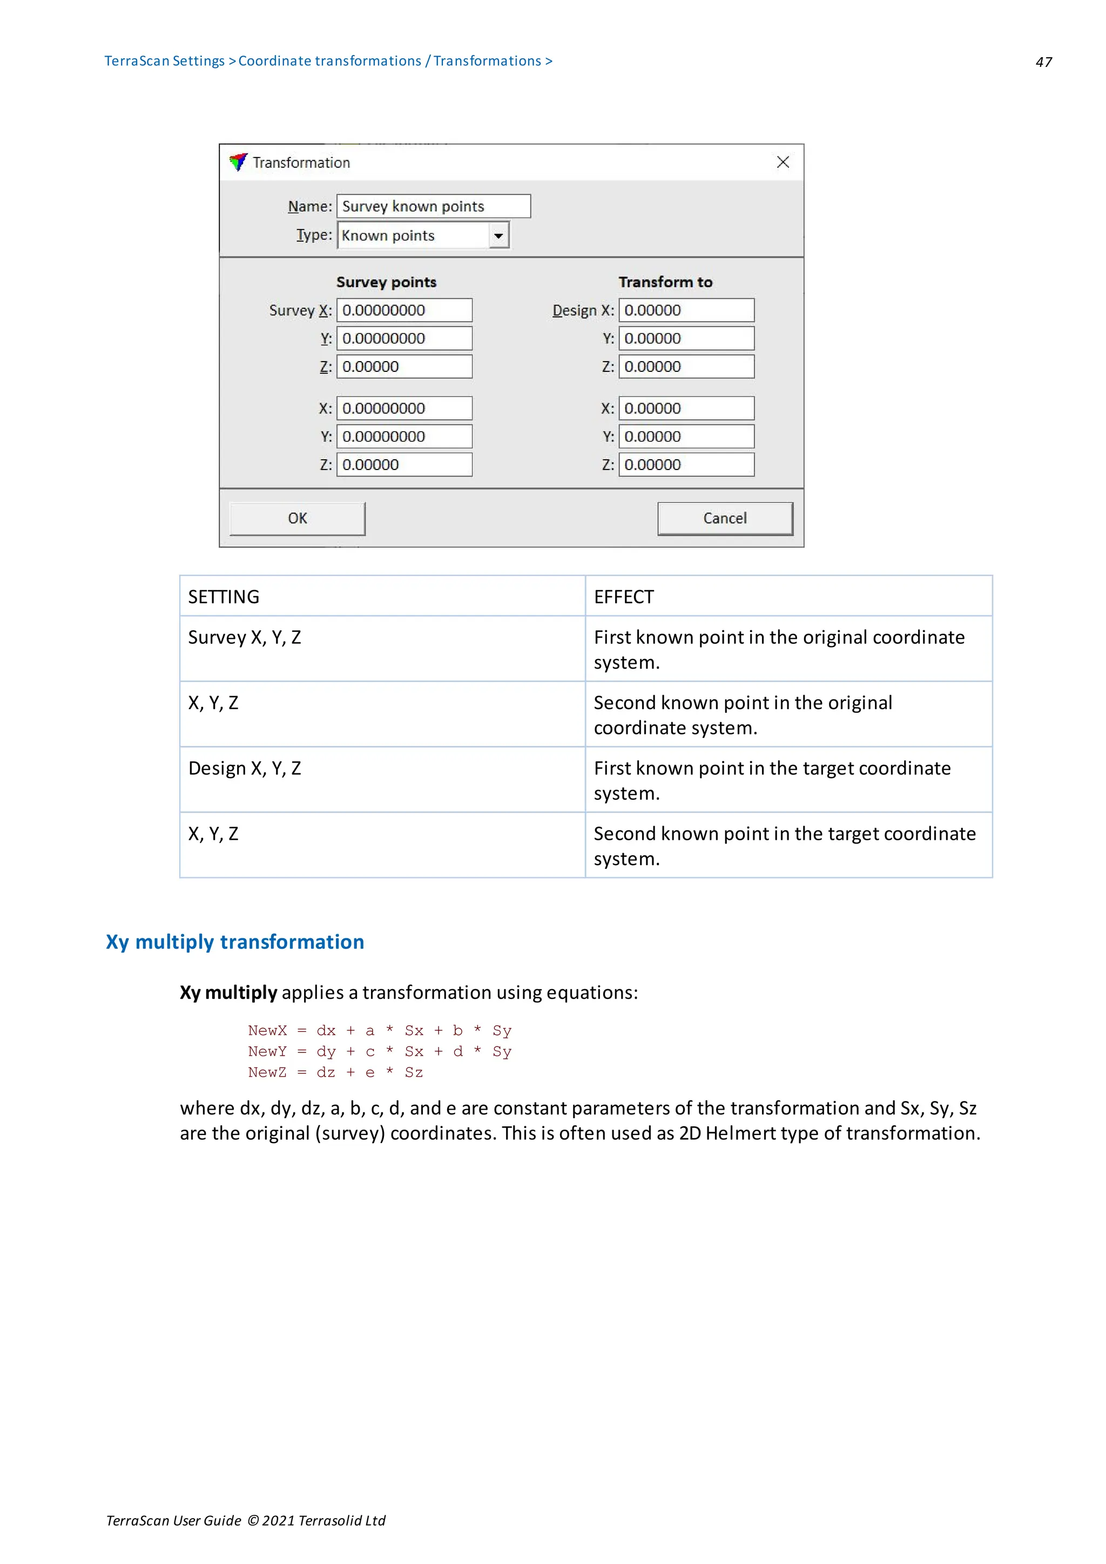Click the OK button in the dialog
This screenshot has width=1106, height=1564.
[x=297, y=519]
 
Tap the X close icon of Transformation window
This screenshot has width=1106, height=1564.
[x=783, y=162]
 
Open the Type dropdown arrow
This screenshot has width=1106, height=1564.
[x=498, y=236]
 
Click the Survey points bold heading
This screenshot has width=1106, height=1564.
[x=386, y=282]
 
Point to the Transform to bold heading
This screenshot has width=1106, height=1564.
[x=665, y=282]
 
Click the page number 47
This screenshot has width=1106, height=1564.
[x=1043, y=62]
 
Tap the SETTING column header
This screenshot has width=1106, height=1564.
[x=224, y=597]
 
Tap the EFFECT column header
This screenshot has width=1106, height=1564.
[x=624, y=597]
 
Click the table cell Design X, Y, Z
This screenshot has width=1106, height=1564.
[x=245, y=769]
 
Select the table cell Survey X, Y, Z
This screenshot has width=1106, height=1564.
[x=245, y=637]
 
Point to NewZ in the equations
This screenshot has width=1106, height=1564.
[x=267, y=1072]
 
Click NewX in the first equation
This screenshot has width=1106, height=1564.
[x=267, y=1031]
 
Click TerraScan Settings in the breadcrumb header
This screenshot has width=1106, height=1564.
[x=164, y=60]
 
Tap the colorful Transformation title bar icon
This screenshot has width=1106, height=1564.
[x=238, y=162]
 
